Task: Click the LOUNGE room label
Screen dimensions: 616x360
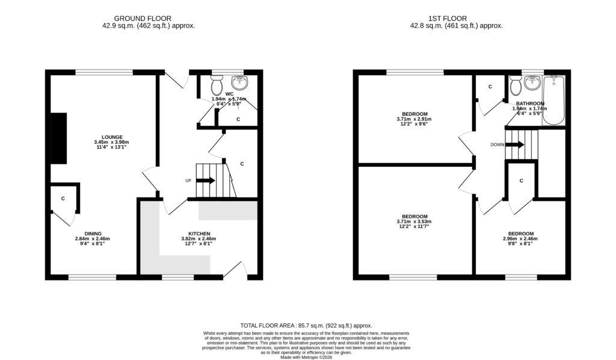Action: click(112, 137)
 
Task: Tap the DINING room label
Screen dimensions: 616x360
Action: click(93, 234)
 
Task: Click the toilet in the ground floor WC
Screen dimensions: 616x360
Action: click(217, 84)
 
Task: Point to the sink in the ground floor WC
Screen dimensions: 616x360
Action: click(239, 82)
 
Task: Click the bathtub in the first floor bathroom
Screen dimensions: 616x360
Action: click(553, 100)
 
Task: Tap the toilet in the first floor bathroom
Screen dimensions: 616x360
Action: click(516, 85)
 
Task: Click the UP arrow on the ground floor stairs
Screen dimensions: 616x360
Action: click(206, 181)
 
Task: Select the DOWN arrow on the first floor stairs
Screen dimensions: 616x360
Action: click(515, 144)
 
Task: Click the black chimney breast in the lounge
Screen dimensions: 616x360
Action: click(59, 138)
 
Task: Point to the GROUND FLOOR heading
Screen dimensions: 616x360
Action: click(143, 19)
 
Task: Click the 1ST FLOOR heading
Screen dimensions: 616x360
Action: click(448, 19)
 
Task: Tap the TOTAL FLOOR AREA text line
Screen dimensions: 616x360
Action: click(306, 326)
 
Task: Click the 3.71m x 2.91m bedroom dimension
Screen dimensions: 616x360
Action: click(414, 119)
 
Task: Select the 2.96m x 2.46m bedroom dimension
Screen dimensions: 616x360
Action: click(520, 238)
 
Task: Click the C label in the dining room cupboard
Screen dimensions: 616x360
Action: click(63, 199)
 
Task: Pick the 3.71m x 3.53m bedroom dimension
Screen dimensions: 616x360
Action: click(414, 222)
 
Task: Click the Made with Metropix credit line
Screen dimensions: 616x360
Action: click(306, 358)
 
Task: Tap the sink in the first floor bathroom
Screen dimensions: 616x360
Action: click(532, 83)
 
